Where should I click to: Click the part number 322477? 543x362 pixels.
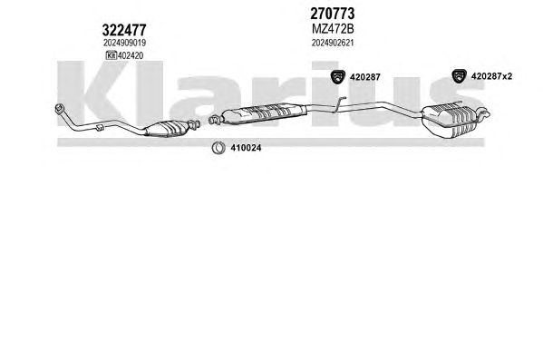coord(124,30)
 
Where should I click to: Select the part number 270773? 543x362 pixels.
coord(332,14)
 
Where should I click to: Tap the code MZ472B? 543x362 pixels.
coord(333,29)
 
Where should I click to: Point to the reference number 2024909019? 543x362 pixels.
coord(124,43)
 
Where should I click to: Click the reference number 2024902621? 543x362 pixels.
coord(333,43)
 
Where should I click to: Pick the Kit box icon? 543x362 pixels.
coord(112,55)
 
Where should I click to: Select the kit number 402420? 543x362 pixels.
coord(131,55)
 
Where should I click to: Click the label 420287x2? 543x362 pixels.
coord(491,76)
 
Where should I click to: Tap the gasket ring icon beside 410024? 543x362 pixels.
coord(218,148)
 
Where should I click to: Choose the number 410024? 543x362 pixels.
coord(246,148)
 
